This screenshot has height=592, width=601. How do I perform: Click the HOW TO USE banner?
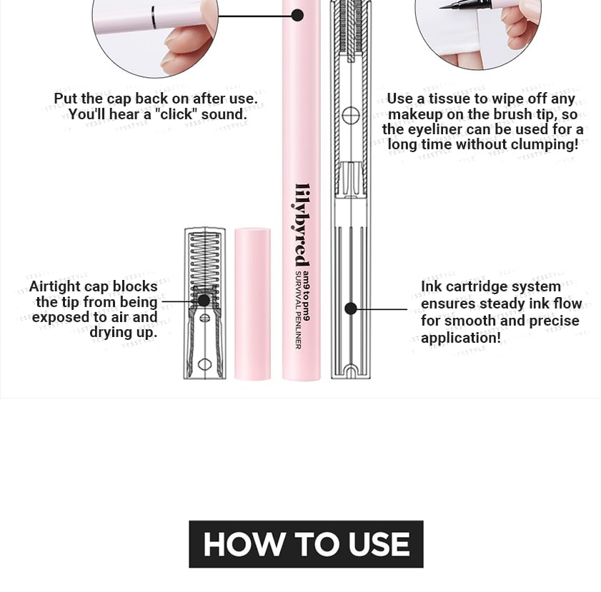coord(306,543)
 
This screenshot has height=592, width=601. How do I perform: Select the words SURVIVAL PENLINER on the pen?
coord(298,310)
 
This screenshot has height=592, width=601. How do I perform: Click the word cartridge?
coord(475,287)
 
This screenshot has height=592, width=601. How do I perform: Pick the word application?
coord(461,338)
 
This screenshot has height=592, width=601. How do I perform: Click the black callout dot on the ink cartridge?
coord(351,308)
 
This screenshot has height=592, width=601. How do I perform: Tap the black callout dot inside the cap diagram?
coord(204,301)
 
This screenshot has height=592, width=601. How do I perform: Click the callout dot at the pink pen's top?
coord(297,15)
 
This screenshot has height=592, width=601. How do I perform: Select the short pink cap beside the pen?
coord(252,303)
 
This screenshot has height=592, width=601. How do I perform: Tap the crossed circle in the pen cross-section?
coord(350,116)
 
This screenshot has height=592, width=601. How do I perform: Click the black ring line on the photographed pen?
coord(154,18)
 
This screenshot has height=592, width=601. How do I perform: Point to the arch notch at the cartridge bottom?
coord(351,371)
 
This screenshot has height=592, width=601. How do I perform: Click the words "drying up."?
coord(124,332)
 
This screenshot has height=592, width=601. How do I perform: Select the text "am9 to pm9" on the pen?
coord(306,296)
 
